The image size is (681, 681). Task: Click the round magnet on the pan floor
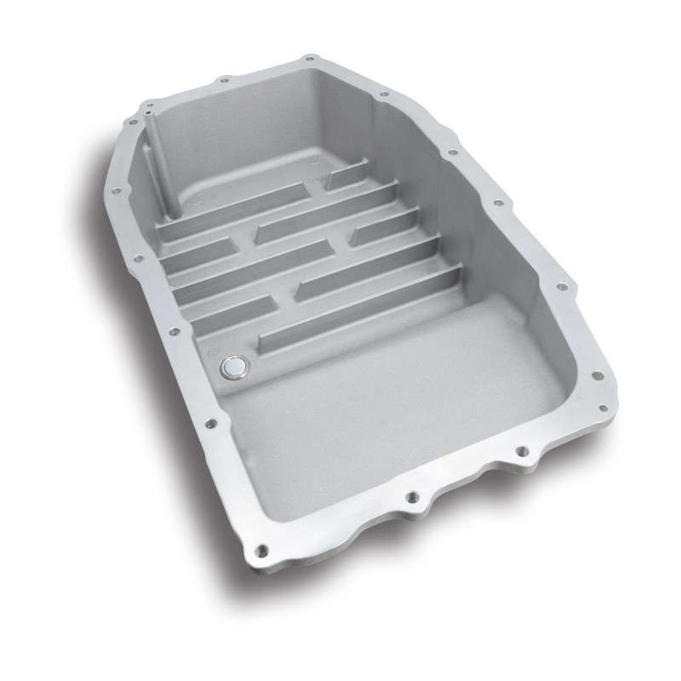(232, 367)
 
